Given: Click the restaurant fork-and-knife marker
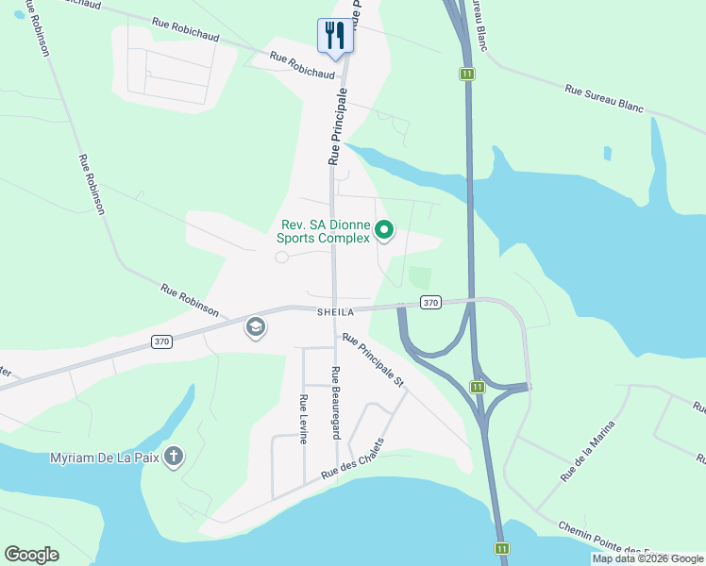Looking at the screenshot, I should pos(335,36).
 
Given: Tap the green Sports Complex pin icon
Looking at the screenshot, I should pos(384,229).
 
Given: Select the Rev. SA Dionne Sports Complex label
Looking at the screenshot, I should pos(326,231).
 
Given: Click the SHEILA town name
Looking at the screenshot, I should pos(335,312).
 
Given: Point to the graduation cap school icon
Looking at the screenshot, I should pos(255,327).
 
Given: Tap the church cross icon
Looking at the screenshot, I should pos(173,458).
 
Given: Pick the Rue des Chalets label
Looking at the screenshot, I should pos(353,459).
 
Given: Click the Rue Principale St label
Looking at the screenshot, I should pos(373,360).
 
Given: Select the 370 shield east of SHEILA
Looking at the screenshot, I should pos(430,303).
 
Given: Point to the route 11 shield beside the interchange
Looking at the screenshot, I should pos(479,387).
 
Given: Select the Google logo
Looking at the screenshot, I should pos(31,555).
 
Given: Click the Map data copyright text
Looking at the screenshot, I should pos(647,558).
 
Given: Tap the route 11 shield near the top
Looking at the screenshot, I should pos(466,74).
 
